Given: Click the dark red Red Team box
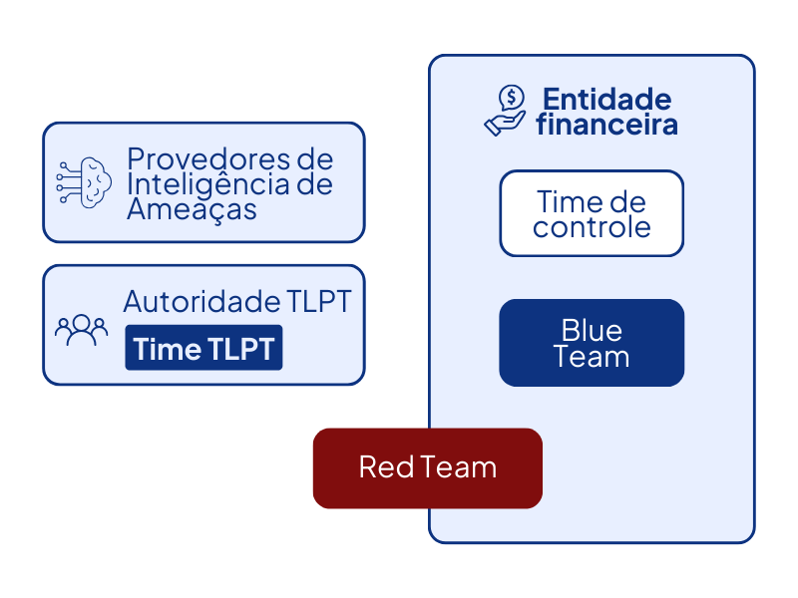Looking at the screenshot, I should pos(427,468).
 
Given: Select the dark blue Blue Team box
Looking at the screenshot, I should pos(592,343).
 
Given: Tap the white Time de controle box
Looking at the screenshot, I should pos(592,213).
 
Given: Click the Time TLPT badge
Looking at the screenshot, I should pos(203,348).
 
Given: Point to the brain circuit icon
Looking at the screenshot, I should pos(84,181).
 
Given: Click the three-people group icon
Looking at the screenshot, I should pos(81,329).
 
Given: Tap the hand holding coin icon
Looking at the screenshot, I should pos(506,111).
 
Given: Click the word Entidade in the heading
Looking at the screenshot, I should pos(606,99).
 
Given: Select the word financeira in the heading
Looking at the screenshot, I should pos(606,125).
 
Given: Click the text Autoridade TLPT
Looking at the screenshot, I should pos(237,301).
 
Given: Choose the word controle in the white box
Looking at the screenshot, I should pos(592,227).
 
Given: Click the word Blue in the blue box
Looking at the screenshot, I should pos(592,330).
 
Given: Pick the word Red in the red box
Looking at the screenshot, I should pos(379,467).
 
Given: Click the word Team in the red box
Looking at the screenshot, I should pos(458,467).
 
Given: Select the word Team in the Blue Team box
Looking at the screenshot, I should pos(592,357).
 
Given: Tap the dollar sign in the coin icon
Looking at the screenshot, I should pos(512,98).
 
